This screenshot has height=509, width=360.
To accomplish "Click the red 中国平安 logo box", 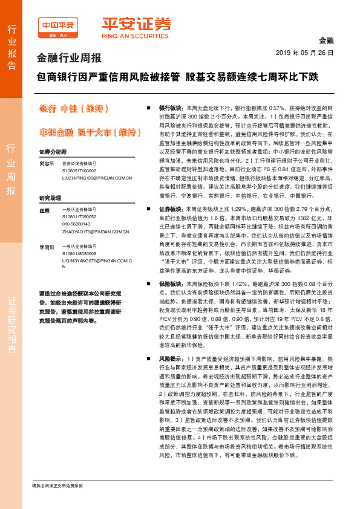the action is pyautogui.click(x=58, y=25).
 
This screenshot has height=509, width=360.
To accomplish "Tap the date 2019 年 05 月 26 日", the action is pyautogui.click(x=309, y=53).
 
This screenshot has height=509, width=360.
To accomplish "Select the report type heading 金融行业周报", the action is pyautogui.click(x=70, y=58).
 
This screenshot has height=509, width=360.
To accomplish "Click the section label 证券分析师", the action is pyautogui.click(x=52, y=151).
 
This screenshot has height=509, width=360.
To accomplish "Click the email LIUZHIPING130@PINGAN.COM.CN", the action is pyautogui.click(x=97, y=178).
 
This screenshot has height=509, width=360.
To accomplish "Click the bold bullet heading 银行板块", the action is pyautogui.click(x=171, y=105).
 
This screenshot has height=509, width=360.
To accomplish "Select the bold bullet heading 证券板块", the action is pyautogui.click(x=171, y=208).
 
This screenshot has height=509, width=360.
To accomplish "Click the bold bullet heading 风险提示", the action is pyautogui.click(x=171, y=358).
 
